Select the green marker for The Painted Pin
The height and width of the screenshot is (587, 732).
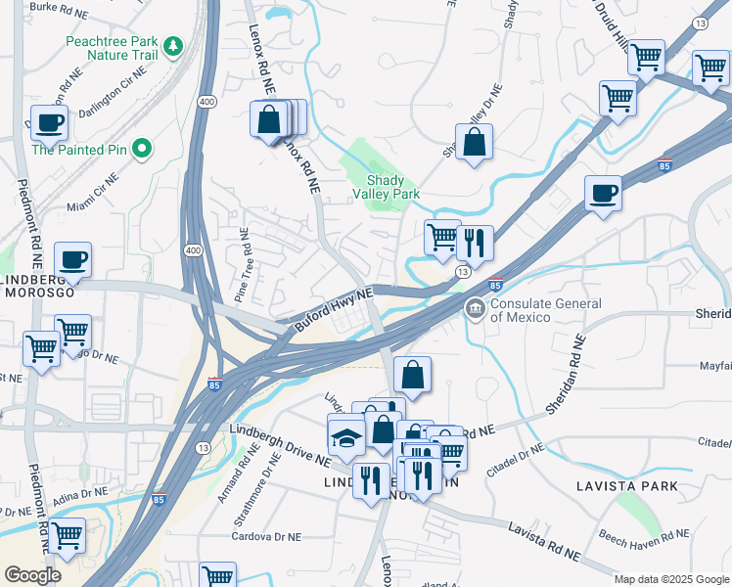point(142,150)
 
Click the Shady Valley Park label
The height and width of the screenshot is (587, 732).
point(392,187)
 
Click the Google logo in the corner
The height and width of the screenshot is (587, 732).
point(32,575)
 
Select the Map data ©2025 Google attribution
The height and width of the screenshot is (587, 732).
point(671,579)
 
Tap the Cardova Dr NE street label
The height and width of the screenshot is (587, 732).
point(270,536)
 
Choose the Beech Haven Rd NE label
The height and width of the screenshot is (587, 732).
point(643,535)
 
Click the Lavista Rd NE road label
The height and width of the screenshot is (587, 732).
point(543,541)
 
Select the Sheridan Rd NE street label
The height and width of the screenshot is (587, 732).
point(565,374)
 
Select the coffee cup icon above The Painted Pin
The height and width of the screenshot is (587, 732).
point(49,124)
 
